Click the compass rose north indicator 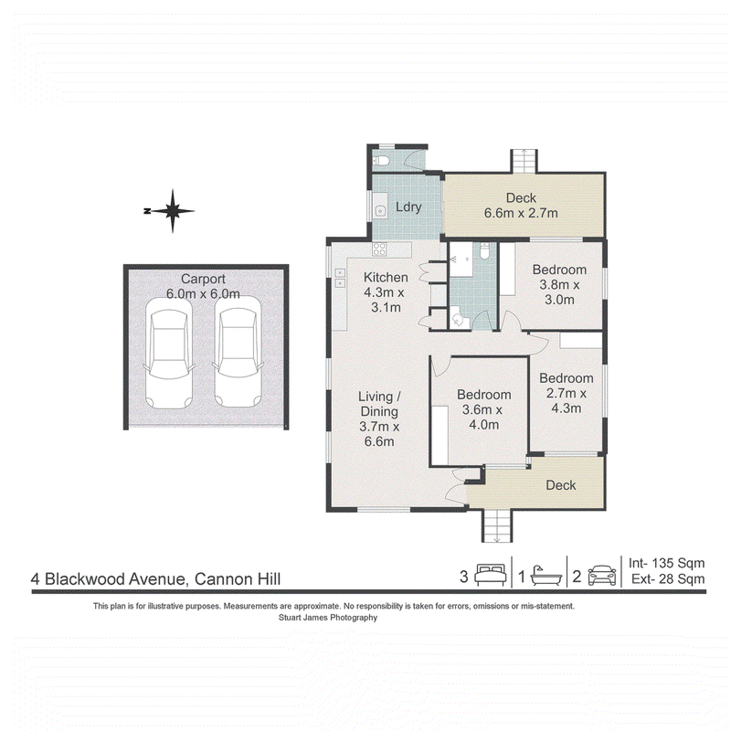point(173,211)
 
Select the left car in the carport point(169,354)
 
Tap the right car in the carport point(238,352)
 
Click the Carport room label point(203,279)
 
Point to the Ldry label point(408,207)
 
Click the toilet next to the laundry point(381,161)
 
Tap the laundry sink point(380,211)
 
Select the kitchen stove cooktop point(379,249)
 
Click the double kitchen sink point(340,278)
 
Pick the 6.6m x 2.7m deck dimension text point(521,213)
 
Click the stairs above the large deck point(524,161)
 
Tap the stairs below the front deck point(497,525)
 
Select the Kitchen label point(386,278)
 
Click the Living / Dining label point(379,404)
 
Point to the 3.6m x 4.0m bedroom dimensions point(483,418)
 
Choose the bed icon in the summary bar point(491,575)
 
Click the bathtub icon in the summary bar point(546,576)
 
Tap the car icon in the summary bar point(602,576)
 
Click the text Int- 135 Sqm point(666,563)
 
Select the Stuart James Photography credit point(328,618)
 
